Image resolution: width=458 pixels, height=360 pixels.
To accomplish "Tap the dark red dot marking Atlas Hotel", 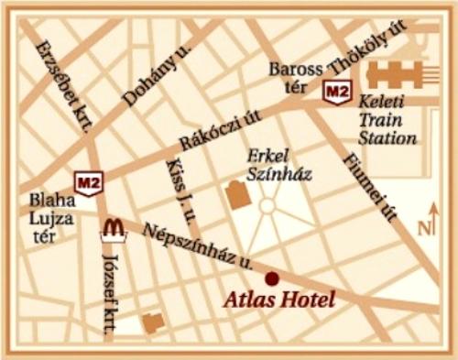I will (x=271, y=278).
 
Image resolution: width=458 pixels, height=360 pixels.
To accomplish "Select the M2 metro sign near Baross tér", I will (x=337, y=91).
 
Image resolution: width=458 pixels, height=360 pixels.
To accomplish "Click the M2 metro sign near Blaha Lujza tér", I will (x=88, y=183).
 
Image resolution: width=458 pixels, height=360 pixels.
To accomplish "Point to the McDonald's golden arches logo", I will (x=113, y=226).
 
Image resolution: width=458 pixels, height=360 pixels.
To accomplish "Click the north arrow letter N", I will (x=425, y=228).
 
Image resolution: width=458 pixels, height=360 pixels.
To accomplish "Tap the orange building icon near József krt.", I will (x=154, y=322).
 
